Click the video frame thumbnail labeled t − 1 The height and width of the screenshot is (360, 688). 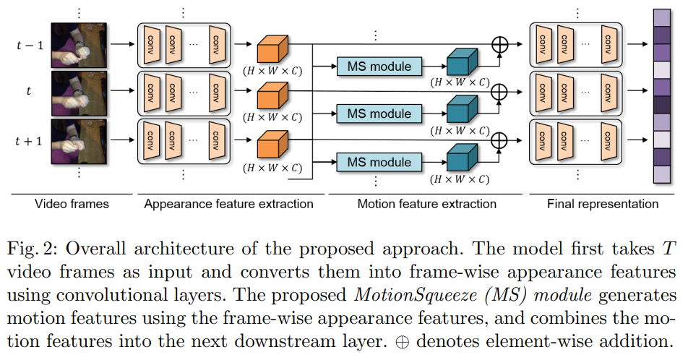click(79, 46)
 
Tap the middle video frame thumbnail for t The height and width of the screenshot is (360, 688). click(79, 93)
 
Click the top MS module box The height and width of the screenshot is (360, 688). click(379, 67)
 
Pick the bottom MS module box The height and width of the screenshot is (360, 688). click(379, 162)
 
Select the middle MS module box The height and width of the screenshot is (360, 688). click(379, 113)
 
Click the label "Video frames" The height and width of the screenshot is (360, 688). click(72, 204)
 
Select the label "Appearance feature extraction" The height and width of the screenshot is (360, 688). click(228, 204)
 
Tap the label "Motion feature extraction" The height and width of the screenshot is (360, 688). click(427, 204)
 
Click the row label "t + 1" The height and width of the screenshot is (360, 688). click(30, 140)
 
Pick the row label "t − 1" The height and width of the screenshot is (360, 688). click(30, 45)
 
